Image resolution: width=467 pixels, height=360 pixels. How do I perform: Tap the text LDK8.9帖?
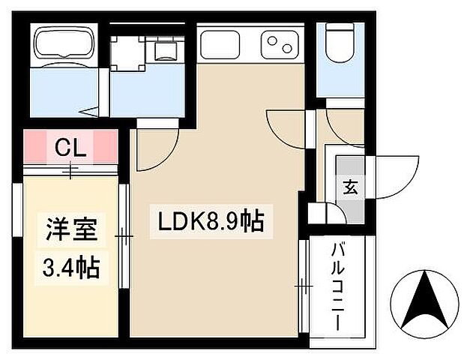209,222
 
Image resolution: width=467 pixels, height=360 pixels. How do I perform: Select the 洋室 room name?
71,229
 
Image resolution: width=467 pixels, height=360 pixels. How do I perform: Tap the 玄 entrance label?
349,187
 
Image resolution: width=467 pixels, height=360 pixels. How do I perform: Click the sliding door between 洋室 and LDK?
124,237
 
